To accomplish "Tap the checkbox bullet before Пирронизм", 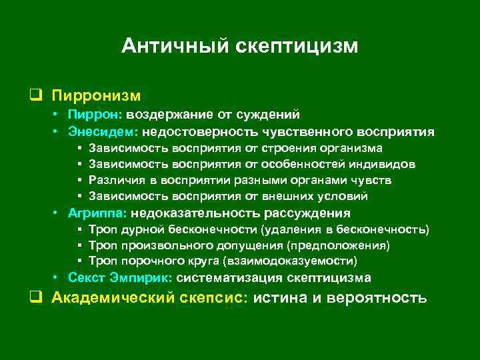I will point(32,97).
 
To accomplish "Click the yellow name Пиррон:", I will point(91,115).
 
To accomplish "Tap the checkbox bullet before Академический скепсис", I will point(32,297).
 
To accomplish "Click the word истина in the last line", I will point(281,297).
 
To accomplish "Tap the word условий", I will point(345,196).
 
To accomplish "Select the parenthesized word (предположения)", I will point(348,245).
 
